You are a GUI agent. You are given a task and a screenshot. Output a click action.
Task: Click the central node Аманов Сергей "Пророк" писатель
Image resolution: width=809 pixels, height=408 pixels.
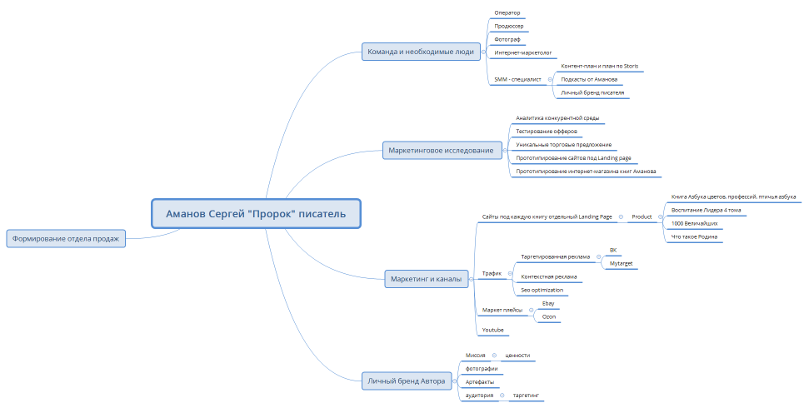point(256,213)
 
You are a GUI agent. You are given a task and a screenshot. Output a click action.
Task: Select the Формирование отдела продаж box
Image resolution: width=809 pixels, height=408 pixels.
point(66,239)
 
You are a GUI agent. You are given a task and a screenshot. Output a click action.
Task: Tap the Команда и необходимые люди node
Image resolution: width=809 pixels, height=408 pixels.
point(421,52)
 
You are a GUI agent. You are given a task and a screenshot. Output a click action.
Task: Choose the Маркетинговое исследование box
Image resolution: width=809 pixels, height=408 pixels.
point(442,151)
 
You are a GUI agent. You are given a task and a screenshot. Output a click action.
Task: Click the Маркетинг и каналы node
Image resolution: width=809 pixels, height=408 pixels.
point(427,279)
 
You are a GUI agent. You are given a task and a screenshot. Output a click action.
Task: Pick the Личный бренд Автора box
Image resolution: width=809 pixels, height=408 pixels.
point(407,381)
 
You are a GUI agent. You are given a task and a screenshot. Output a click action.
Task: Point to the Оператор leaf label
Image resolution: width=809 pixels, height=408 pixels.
point(507,12)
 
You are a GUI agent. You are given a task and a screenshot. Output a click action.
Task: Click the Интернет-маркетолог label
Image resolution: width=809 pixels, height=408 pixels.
point(523,52)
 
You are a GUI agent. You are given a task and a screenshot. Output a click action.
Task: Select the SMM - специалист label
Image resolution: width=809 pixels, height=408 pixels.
point(518,79)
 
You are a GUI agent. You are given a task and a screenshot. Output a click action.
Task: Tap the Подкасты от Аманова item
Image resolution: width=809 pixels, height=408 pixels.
point(589,79)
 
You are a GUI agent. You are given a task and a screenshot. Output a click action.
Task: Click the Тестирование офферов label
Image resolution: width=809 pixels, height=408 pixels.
point(547,132)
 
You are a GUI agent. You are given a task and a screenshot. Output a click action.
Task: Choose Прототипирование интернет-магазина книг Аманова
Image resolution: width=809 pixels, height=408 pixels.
point(586,172)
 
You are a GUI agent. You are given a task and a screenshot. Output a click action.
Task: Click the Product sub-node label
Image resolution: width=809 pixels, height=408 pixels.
point(642,217)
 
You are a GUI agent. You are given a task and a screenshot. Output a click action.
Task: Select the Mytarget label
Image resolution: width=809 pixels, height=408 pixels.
point(622,264)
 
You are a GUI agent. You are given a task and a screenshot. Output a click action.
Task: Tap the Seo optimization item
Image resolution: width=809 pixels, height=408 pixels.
point(542,291)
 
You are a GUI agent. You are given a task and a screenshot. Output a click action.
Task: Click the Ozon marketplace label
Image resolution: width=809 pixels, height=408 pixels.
point(549,316)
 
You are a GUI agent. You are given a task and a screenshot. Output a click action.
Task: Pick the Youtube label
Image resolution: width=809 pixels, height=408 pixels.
point(492,330)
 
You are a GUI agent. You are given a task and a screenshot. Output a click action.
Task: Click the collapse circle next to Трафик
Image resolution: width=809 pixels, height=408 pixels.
point(510,274)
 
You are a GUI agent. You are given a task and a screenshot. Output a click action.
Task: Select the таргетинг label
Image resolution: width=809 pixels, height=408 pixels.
point(526,396)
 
